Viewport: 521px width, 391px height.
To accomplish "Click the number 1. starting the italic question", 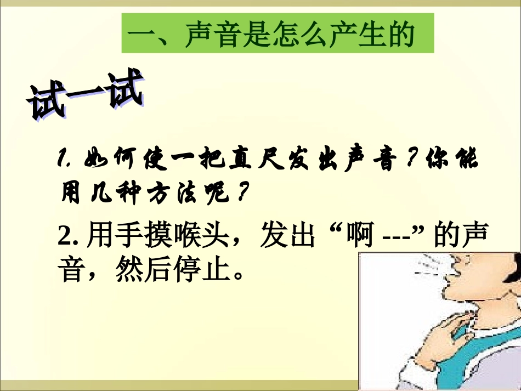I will [65, 160].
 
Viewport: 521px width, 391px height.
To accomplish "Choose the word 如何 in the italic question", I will [111, 160].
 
